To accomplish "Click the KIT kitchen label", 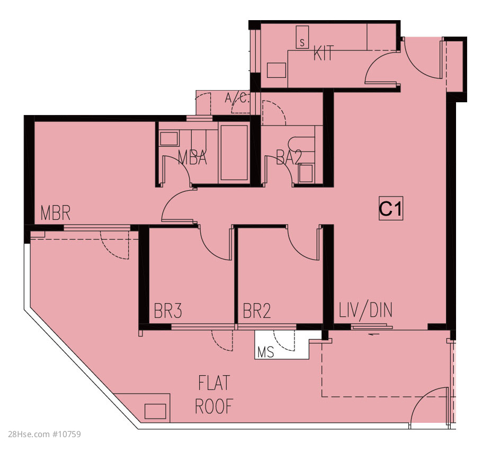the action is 324,54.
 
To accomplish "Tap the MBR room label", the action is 56,213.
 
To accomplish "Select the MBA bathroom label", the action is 192,157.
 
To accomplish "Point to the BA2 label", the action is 289,157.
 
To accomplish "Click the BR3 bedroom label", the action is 168,311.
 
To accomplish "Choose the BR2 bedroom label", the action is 257,311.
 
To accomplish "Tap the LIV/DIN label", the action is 365,310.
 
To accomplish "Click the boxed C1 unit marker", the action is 391,208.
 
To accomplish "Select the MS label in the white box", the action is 265,352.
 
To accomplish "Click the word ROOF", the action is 215,406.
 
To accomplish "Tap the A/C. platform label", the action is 237,98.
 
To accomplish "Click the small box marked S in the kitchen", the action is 302,37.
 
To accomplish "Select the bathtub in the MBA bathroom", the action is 234,153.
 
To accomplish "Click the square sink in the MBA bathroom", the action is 169,139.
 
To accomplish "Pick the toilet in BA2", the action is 301,144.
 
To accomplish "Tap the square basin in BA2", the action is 306,173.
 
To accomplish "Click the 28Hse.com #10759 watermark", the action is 44,434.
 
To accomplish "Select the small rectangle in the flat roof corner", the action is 155,411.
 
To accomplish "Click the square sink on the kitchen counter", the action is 276,70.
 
